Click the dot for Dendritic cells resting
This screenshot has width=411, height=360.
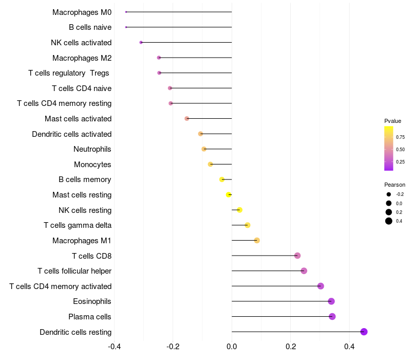(x=364, y=332)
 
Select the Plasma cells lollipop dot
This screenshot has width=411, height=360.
(x=332, y=316)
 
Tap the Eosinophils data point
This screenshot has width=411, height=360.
(x=331, y=301)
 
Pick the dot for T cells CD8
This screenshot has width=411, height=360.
(x=297, y=256)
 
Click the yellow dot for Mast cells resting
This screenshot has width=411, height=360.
(x=229, y=194)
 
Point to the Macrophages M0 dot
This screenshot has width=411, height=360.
(x=126, y=12)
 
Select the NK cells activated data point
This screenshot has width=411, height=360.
(x=141, y=42)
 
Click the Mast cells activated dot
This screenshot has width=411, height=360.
(x=186, y=118)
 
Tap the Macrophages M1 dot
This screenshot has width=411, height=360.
(x=257, y=240)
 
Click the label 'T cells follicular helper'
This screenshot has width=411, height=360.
(x=74, y=271)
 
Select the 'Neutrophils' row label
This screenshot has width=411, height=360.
(x=92, y=149)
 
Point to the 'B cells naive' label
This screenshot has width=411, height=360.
(x=90, y=27)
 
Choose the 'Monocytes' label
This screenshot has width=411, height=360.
(x=92, y=165)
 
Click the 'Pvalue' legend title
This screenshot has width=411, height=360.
(x=393, y=121)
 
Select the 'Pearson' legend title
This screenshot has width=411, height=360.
(x=395, y=185)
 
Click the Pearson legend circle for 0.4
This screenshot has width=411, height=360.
(x=389, y=221)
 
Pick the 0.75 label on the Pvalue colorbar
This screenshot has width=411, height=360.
(x=400, y=137)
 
